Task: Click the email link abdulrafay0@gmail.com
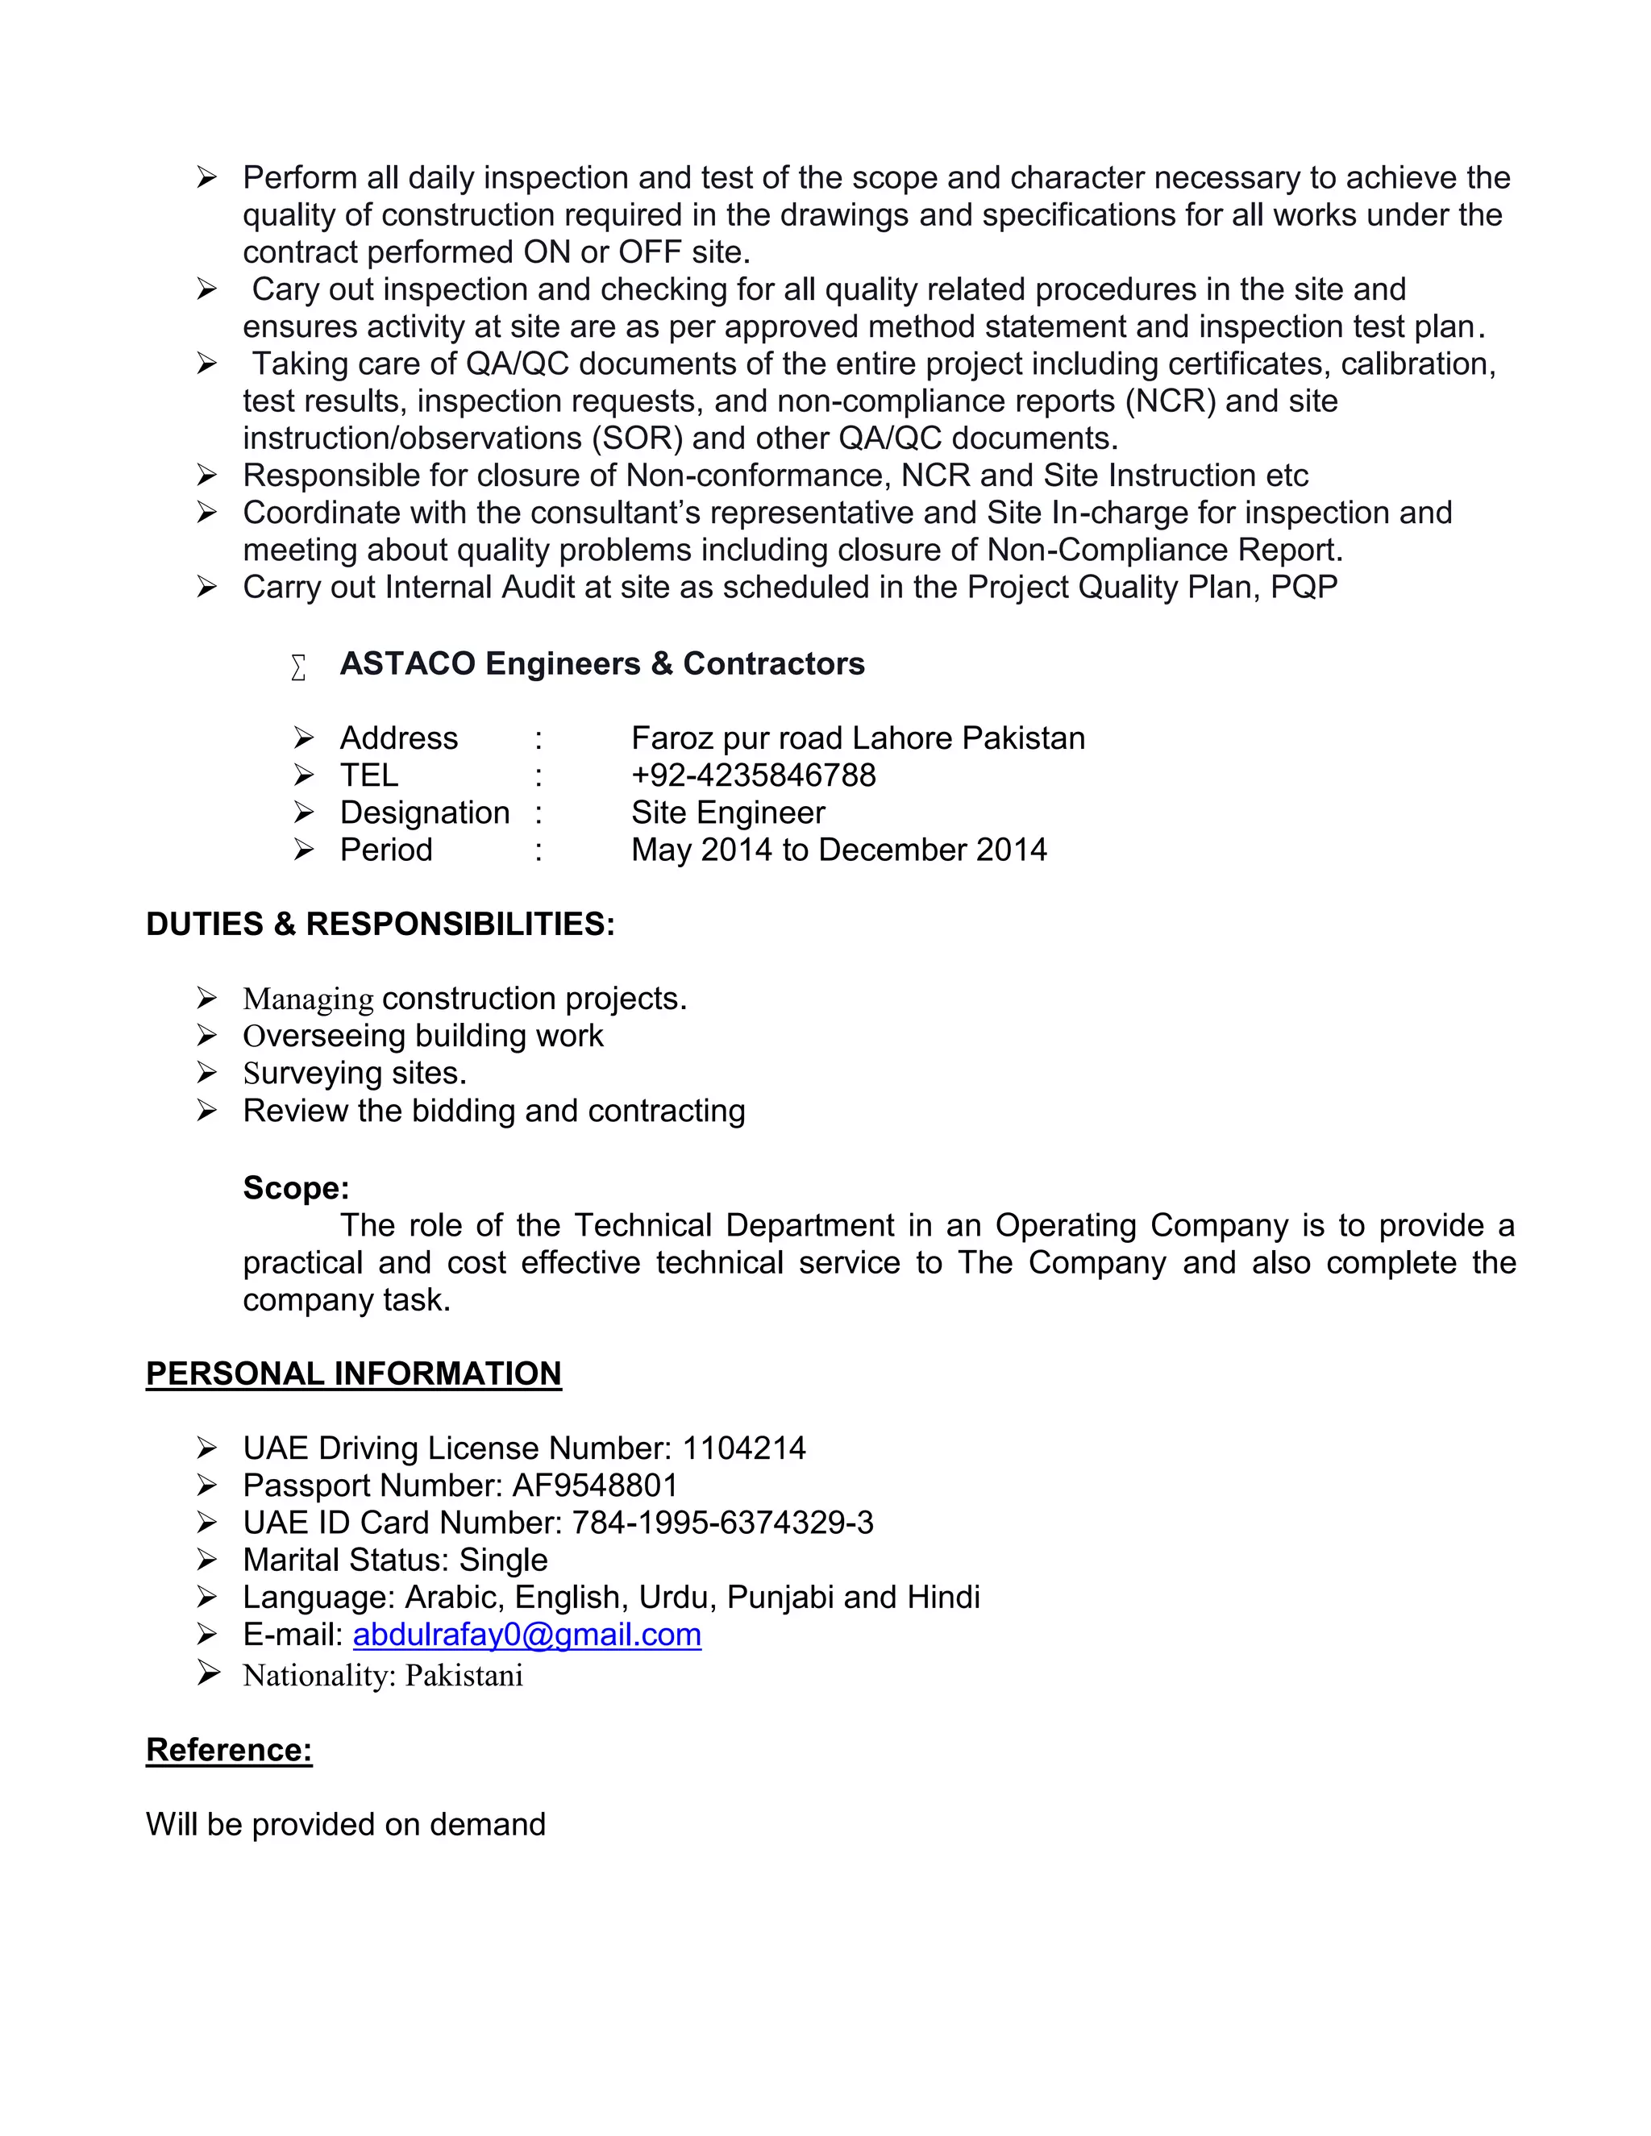[526, 1635]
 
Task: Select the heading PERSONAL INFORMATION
[353, 1373]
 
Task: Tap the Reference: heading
[229, 1750]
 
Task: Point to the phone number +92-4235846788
[753, 775]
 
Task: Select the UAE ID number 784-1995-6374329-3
[722, 1522]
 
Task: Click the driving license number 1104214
[743, 1448]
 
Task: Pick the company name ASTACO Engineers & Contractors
[601, 663]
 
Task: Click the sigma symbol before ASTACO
[298, 667]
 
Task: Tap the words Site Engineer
[728, 812]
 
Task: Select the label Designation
[425, 812]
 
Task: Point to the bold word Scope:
[295, 1187]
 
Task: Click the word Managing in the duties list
[308, 999]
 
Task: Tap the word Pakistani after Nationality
[464, 1676]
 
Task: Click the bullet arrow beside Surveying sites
[206, 1073]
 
